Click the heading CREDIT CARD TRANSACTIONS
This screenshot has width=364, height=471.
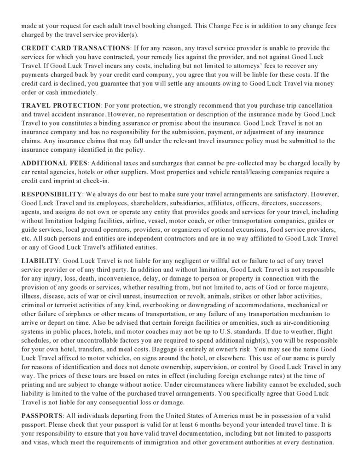76,48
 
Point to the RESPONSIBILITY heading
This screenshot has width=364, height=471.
52,194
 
